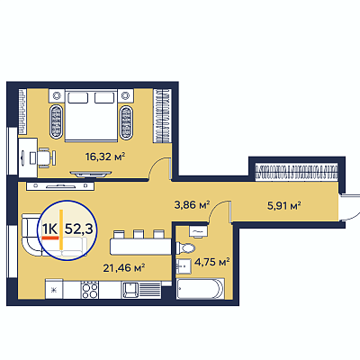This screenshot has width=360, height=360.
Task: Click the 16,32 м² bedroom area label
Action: (105, 157)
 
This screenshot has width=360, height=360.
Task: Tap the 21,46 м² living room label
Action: (124, 267)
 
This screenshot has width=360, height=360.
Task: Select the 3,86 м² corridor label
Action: (192, 205)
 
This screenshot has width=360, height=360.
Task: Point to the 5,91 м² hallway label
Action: (284, 206)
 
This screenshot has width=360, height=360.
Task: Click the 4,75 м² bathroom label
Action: (212, 262)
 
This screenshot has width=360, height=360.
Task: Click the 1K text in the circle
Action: (49, 229)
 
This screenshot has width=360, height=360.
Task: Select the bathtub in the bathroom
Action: (201, 289)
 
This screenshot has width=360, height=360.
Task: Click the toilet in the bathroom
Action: (185, 248)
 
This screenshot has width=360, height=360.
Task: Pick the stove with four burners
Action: (89, 290)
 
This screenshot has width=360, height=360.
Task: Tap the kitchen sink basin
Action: (130, 290)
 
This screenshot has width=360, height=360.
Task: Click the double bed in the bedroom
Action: (91, 115)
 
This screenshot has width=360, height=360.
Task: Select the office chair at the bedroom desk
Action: (46, 157)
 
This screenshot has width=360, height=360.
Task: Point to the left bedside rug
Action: (57, 121)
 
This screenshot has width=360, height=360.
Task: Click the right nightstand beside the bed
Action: (125, 96)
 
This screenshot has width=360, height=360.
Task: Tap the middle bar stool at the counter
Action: (139, 234)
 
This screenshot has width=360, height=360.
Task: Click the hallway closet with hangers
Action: (297, 173)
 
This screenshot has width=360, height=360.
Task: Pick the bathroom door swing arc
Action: (217, 209)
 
